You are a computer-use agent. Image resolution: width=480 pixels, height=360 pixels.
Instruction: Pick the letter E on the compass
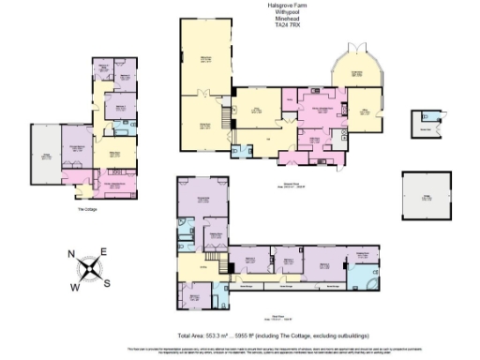pyautogui.click(x=104, y=251)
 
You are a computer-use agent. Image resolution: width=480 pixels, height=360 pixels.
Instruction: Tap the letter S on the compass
pyautogui.click(x=107, y=283)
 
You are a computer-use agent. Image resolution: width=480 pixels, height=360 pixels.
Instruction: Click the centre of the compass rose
pyautogui.click(x=89, y=269)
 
